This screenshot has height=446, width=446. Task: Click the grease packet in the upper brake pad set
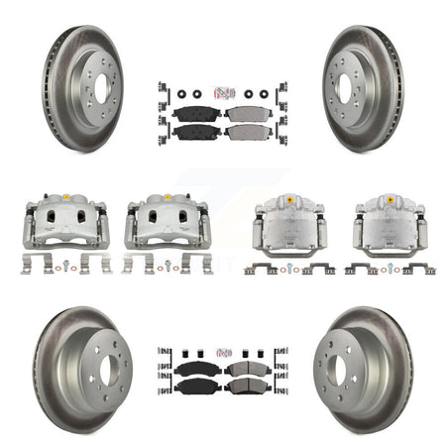223,94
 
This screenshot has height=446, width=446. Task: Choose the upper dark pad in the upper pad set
196,112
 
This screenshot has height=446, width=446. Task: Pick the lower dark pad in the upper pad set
197,130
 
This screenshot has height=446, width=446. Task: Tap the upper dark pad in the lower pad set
197,368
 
